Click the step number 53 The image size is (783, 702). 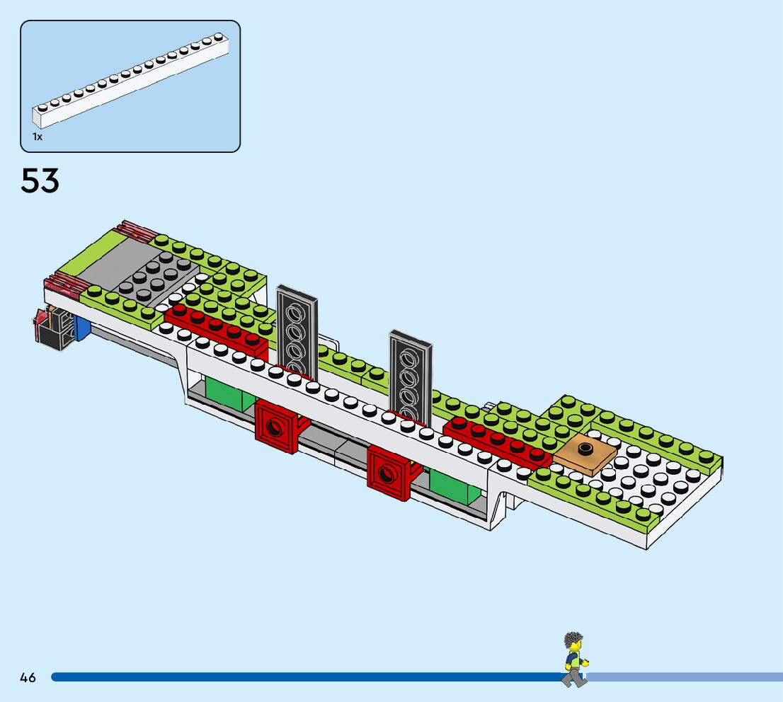40,181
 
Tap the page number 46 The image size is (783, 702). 28,677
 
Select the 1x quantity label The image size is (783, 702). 38,137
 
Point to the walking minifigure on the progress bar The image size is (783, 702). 574,660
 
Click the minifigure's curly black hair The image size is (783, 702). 573,641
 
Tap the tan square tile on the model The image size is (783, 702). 585,455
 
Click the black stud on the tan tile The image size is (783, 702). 585,448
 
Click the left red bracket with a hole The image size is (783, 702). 277,426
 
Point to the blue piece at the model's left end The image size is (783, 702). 81,328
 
